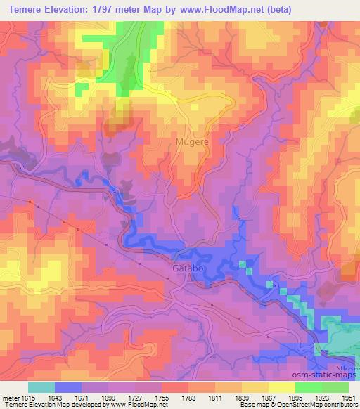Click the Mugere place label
click(x=191, y=141)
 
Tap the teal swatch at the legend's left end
click(x=41, y=387)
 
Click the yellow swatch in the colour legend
click(x=281, y=387)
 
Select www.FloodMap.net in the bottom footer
click(x=133, y=405)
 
